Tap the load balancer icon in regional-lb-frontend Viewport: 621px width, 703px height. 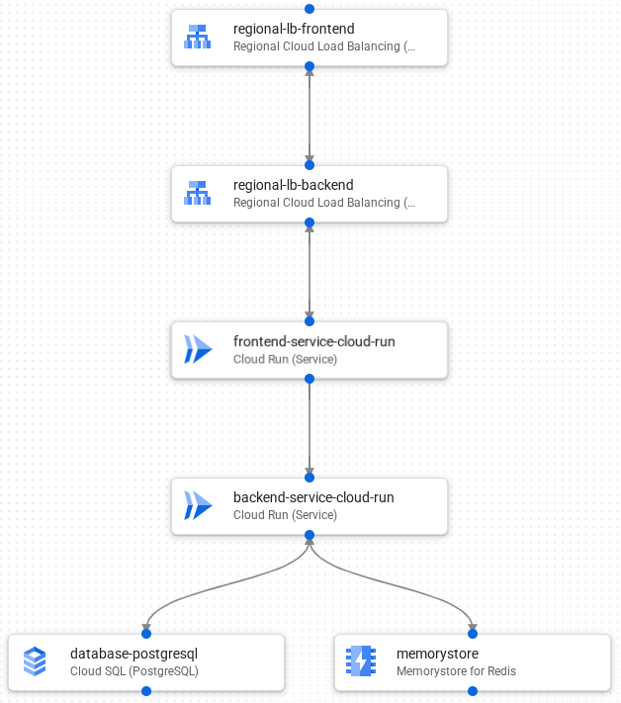click(198, 38)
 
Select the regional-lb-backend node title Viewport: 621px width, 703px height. click(293, 185)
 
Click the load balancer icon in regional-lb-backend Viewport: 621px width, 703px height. click(198, 194)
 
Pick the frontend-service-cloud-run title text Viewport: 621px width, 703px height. click(313, 341)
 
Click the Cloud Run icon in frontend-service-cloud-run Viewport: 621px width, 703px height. click(198, 350)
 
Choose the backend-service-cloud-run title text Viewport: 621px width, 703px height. click(313, 497)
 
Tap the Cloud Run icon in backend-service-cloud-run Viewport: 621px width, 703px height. click(198, 506)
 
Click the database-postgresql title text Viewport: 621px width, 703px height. click(134, 654)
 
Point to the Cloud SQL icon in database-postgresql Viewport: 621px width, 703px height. click(35, 662)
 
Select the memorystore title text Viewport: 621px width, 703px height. click(437, 654)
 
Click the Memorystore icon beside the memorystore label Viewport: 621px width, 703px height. click(361, 662)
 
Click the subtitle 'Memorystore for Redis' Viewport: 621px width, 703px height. click(456, 671)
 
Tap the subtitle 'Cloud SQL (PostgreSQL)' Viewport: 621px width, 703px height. click(134, 671)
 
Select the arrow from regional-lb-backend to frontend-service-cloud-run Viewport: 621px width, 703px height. click(310, 273)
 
